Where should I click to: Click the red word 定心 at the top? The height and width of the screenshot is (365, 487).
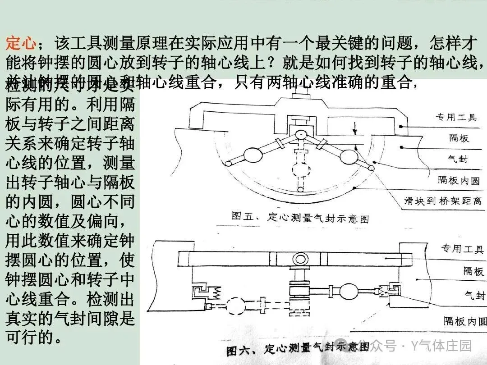[x=21, y=43]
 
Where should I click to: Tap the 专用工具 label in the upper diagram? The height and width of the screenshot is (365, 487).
[x=455, y=117]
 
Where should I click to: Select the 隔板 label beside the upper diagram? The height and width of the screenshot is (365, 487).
[x=459, y=138]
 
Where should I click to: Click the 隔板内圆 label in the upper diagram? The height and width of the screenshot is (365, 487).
[x=459, y=180]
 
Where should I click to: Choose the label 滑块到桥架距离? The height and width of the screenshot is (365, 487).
[x=443, y=201]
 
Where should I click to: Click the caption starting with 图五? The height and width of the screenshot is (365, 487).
[x=300, y=218]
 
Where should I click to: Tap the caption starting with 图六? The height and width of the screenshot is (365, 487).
[x=298, y=348]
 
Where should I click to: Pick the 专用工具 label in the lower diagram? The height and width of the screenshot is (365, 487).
[x=462, y=249]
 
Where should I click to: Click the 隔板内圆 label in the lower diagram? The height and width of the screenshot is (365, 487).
[x=465, y=321]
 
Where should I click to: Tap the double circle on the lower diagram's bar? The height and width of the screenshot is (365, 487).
[x=300, y=259]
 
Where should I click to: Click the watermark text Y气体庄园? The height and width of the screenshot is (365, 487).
[x=441, y=346]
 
